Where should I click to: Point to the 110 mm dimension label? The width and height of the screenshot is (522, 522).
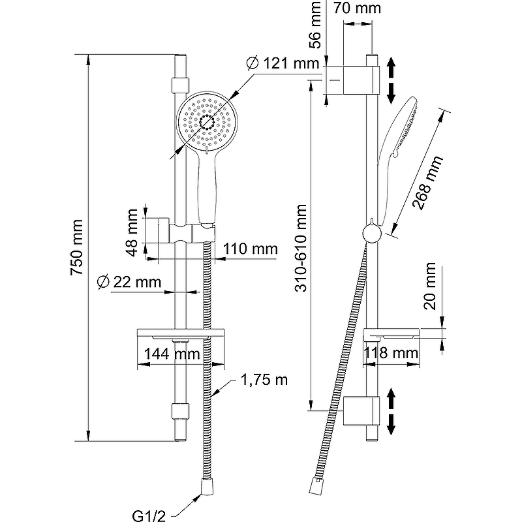tap(250, 249)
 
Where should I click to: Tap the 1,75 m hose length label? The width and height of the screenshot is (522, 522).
tap(264, 380)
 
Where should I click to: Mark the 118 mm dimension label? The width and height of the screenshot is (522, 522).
tap(392, 354)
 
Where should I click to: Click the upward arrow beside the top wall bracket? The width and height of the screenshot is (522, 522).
tap(391, 67)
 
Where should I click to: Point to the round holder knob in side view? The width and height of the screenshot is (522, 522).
tap(370, 233)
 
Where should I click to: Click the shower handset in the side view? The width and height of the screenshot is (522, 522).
tap(399, 130)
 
